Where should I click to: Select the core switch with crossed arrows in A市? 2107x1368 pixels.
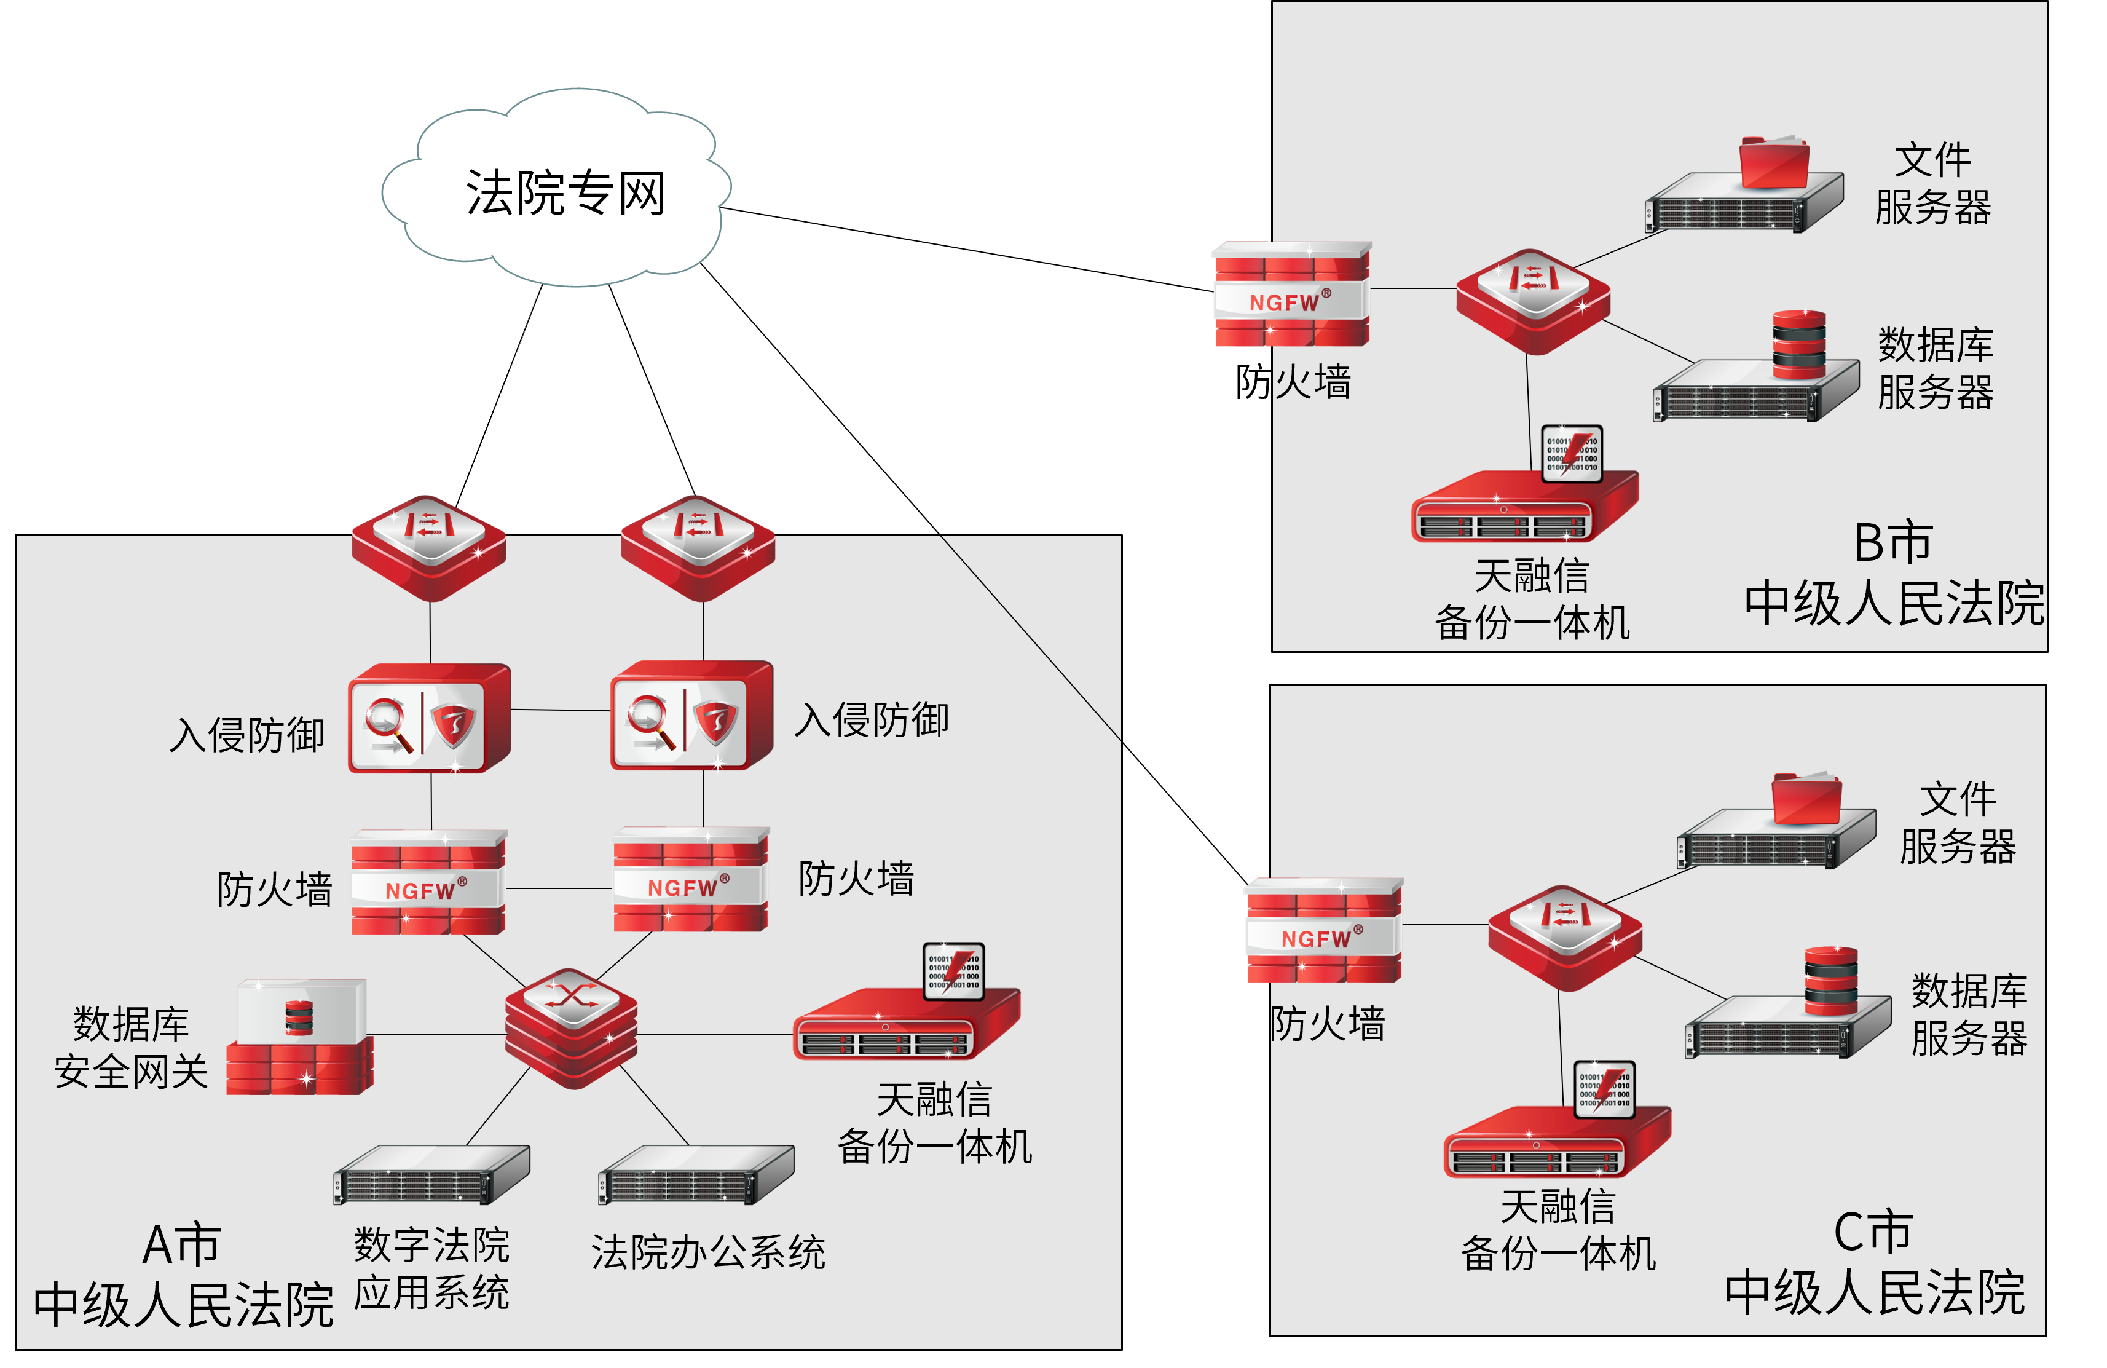[x=571, y=1027]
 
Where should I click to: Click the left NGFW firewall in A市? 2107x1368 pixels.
[x=428, y=883]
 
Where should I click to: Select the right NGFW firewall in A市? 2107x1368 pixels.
[x=690, y=880]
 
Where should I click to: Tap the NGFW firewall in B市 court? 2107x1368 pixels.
[x=1291, y=295]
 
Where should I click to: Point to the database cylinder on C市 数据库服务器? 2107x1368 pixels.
[x=1831, y=981]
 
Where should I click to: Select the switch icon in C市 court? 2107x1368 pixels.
[x=1564, y=937]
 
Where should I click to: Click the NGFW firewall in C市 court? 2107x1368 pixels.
[x=1323, y=931]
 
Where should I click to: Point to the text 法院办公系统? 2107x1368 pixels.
[x=708, y=1252]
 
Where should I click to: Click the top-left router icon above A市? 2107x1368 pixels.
[x=428, y=547]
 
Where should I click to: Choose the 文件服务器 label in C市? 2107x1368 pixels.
[x=1958, y=823]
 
